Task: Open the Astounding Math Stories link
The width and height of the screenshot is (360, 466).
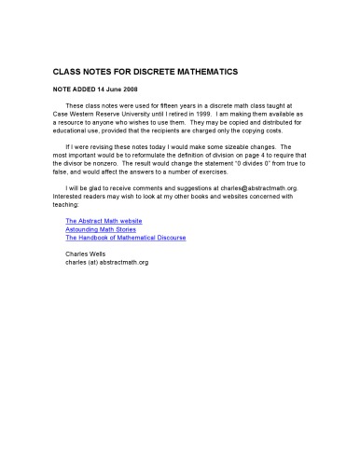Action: click(x=94, y=229)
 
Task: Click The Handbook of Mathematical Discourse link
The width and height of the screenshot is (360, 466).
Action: click(x=125, y=238)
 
